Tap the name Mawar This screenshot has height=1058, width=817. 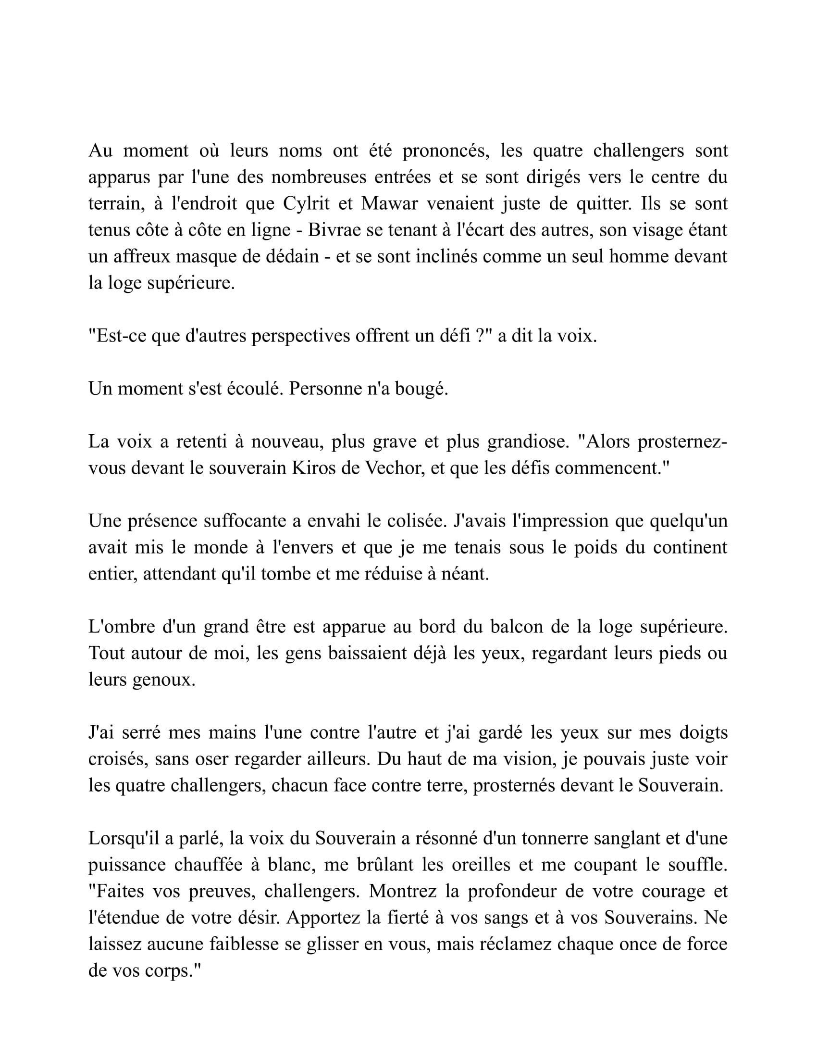389,203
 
